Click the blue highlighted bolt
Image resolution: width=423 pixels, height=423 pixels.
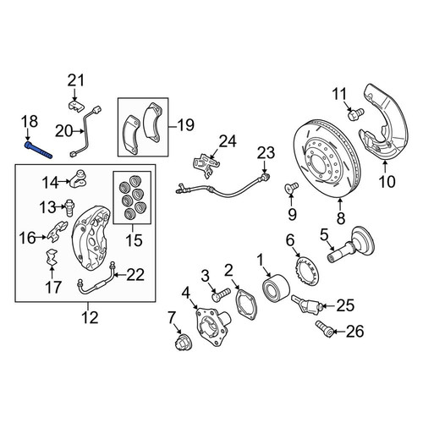coord(38,150)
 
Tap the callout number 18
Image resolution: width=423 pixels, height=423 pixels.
coord(30,122)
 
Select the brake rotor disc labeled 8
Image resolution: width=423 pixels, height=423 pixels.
coord(327,159)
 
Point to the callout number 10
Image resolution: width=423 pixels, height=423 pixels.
coord(387,181)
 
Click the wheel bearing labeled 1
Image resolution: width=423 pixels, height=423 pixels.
coord(275,287)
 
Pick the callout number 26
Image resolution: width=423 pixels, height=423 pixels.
coord(354,331)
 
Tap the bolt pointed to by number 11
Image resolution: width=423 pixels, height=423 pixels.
coord(356,114)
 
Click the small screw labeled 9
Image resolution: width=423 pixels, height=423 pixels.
coord(291,187)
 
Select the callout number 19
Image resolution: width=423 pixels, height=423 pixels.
coord(186,124)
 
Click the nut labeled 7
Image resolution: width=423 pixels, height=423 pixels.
coord(182,343)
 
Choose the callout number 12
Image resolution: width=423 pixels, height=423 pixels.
coord(91,317)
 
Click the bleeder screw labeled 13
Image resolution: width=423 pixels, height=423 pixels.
coord(69,208)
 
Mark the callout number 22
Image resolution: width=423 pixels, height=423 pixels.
coord(135,274)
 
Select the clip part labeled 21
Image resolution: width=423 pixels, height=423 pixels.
coord(77,106)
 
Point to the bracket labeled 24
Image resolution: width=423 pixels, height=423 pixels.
coord(206,166)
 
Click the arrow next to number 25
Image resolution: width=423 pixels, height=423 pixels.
coord(329,305)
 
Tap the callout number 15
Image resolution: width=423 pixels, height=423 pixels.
coord(134,240)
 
